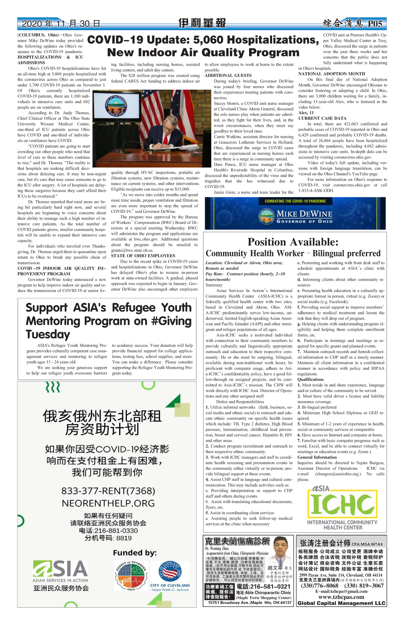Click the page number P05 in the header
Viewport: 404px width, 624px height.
pos(375,24)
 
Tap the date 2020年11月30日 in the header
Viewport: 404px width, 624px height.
pos(61,24)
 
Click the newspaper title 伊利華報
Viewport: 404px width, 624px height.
pos(202,23)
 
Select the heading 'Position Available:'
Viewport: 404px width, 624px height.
pos(293,242)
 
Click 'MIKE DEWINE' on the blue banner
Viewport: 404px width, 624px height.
pos(304,214)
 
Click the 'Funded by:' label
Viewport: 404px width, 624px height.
pos(135,553)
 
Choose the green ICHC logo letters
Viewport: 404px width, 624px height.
pos(342,504)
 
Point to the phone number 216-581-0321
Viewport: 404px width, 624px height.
pos(263,586)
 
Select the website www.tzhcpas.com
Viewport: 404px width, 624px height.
pos(341,597)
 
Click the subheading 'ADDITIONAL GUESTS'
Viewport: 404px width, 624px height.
pos(228,76)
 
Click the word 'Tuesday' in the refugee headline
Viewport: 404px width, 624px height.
pos(48,334)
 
